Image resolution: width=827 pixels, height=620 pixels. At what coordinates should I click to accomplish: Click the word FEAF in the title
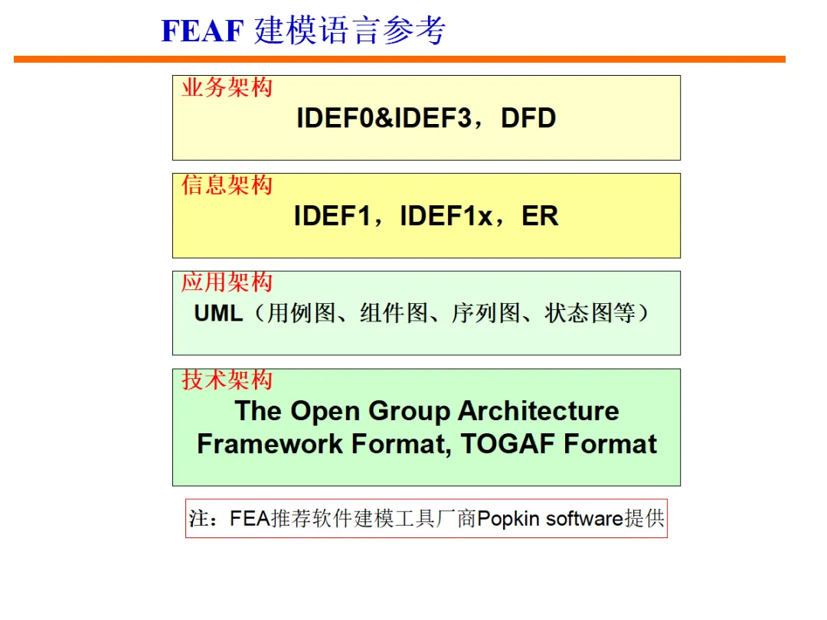(202, 31)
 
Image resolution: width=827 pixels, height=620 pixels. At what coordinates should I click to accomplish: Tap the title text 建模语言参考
(350, 31)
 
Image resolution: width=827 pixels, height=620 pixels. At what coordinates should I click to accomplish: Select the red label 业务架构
(227, 87)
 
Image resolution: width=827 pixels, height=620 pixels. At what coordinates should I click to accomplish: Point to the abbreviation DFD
(528, 119)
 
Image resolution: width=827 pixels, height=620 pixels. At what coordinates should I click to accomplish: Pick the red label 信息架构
(227, 185)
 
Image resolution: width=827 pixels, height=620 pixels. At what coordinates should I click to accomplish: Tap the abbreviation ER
(540, 217)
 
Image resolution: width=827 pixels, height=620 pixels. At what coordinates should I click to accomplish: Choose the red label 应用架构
(227, 282)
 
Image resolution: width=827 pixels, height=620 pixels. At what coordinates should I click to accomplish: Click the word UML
(218, 313)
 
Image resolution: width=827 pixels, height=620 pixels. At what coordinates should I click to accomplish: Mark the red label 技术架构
(227, 380)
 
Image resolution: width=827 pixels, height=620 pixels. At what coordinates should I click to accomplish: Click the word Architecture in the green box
(538, 411)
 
